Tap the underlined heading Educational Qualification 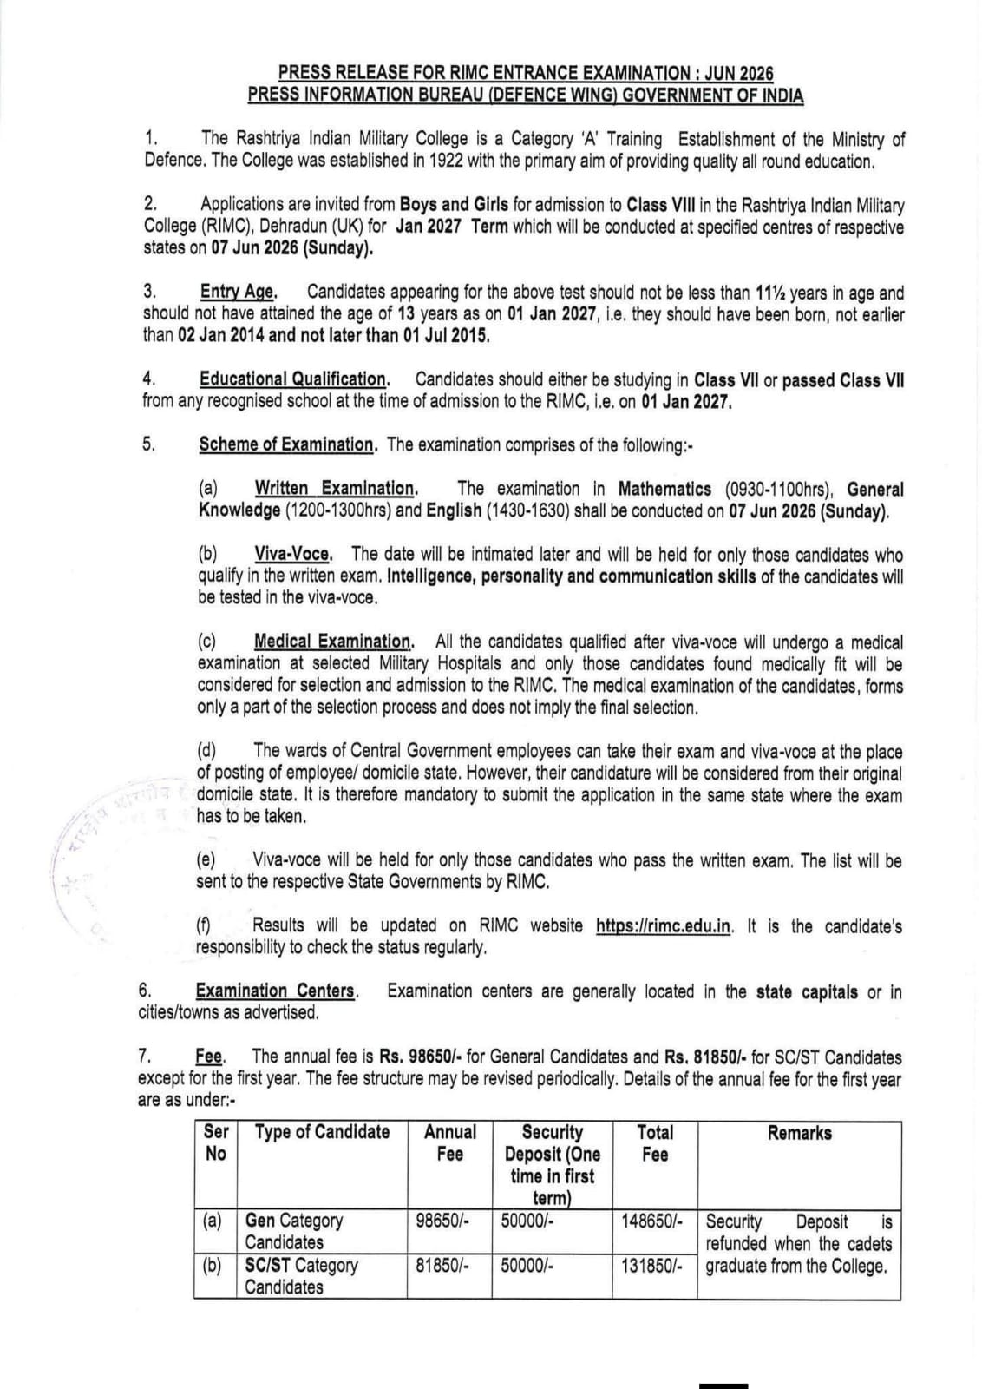pyautogui.click(x=293, y=379)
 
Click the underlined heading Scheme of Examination pyautogui.click(x=287, y=445)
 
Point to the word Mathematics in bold pyautogui.click(x=664, y=490)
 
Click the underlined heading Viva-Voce pyautogui.click(x=293, y=555)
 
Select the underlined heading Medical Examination pyautogui.click(x=333, y=642)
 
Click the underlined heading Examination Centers pyautogui.click(x=275, y=991)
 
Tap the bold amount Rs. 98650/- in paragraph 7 pyautogui.click(x=421, y=1057)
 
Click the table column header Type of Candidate pyautogui.click(x=322, y=1133)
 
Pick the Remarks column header pyautogui.click(x=799, y=1133)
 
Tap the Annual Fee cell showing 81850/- pyautogui.click(x=442, y=1266)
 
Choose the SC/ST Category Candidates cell pyautogui.click(x=301, y=1276)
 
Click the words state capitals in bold pyautogui.click(x=807, y=991)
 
